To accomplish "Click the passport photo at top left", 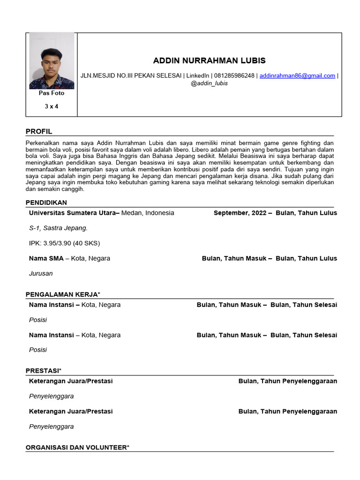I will pos(52,61).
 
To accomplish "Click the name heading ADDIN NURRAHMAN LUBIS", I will pos(209,60).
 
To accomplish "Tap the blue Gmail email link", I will pos(297,75).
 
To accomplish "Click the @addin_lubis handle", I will pos(209,83).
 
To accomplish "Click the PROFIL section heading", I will pos(39,131).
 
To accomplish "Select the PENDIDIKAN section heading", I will pos(46,202).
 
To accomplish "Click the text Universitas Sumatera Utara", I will pos(72,213).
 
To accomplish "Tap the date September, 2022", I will pos(240,213).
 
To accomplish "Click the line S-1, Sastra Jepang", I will pos(58,228).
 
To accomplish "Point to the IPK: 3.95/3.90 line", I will pos(64,243).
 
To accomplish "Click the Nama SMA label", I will pos(46,258).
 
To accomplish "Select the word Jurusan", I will pos(41,273).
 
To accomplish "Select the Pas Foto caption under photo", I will pos(52,93).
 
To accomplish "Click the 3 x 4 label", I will pos(52,106).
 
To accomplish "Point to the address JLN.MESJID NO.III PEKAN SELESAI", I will pos(131,75).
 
